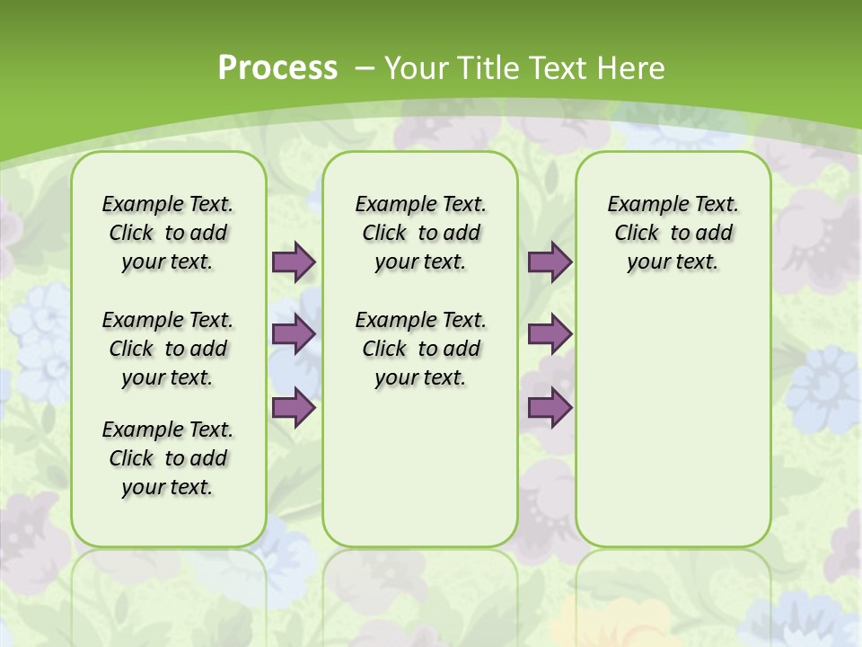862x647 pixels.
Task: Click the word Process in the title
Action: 277,68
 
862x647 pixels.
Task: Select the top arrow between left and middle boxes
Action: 294,261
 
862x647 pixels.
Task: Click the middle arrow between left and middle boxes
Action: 294,334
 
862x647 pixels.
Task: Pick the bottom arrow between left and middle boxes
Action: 294,408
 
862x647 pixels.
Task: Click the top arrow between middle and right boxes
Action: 550,261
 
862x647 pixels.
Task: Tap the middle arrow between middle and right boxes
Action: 550,334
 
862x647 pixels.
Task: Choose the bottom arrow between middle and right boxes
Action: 550,408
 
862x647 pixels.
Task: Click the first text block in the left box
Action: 168,233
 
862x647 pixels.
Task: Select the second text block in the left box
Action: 168,349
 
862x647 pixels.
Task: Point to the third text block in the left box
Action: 168,458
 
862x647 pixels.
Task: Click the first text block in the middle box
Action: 420,233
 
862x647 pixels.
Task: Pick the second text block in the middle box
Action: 420,349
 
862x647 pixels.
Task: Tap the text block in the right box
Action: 673,233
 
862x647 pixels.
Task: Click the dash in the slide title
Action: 365,68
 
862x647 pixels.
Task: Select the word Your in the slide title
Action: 417,68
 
